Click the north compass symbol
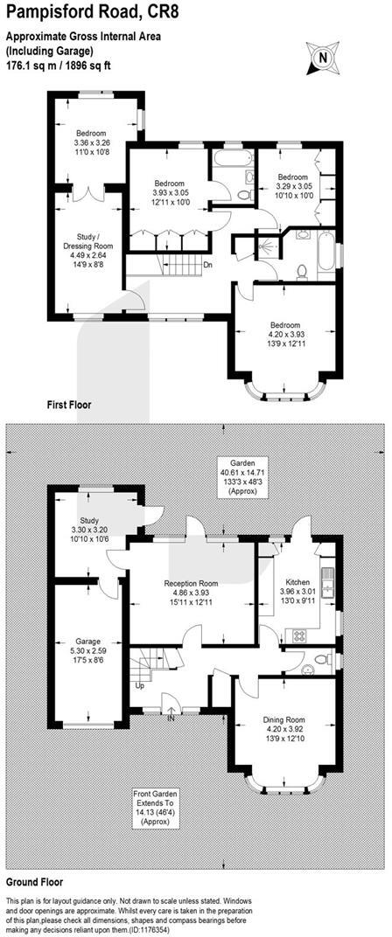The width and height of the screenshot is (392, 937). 323,58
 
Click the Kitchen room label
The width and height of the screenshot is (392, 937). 297,581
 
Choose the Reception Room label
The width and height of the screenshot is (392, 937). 192,583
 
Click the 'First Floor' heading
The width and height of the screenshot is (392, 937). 69,405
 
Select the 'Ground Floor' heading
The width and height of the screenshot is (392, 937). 34,881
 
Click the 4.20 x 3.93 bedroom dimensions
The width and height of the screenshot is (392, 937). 284,335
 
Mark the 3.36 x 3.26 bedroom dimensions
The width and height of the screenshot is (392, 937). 92,142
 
